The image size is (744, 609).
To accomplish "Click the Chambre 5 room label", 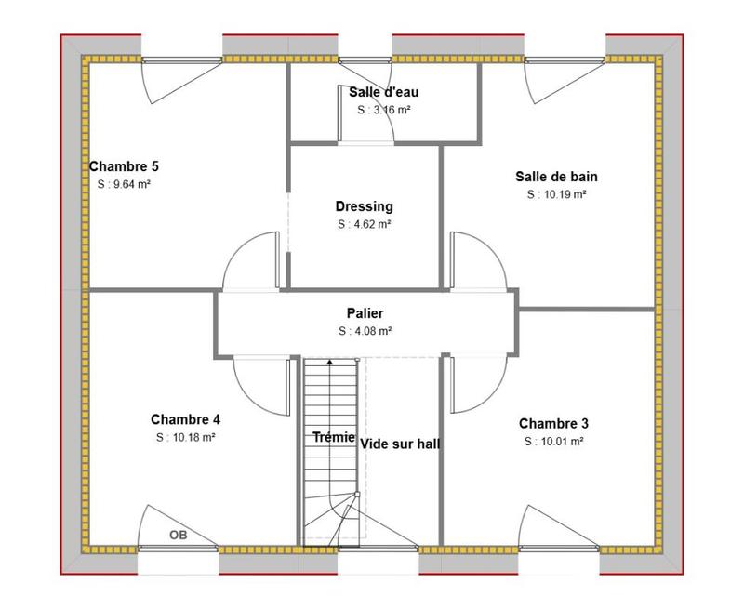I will click(x=124, y=166).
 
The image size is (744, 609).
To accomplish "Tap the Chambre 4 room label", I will click(x=185, y=418).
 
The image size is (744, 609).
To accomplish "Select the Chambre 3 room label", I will click(x=553, y=423).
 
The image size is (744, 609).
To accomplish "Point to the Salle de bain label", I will click(x=556, y=176).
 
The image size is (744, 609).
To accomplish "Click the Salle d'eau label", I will click(x=384, y=91).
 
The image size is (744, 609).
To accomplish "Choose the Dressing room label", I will click(x=365, y=206).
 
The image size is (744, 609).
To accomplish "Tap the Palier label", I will click(x=365, y=313).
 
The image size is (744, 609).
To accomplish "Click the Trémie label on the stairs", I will click(x=333, y=437).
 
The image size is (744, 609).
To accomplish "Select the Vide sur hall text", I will click(x=400, y=444).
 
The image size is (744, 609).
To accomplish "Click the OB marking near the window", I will click(x=178, y=535).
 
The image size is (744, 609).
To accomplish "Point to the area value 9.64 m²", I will click(x=124, y=184).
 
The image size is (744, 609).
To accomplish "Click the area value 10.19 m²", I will click(x=556, y=194).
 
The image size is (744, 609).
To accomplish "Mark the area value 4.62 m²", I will click(x=365, y=224).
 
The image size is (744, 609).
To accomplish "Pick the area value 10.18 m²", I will click(x=186, y=437).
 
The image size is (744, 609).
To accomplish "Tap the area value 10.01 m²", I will click(x=553, y=442).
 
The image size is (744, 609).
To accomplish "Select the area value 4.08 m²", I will click(x=365, y=331).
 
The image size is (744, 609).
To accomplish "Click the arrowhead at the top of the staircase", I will click(x=329, y=361).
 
